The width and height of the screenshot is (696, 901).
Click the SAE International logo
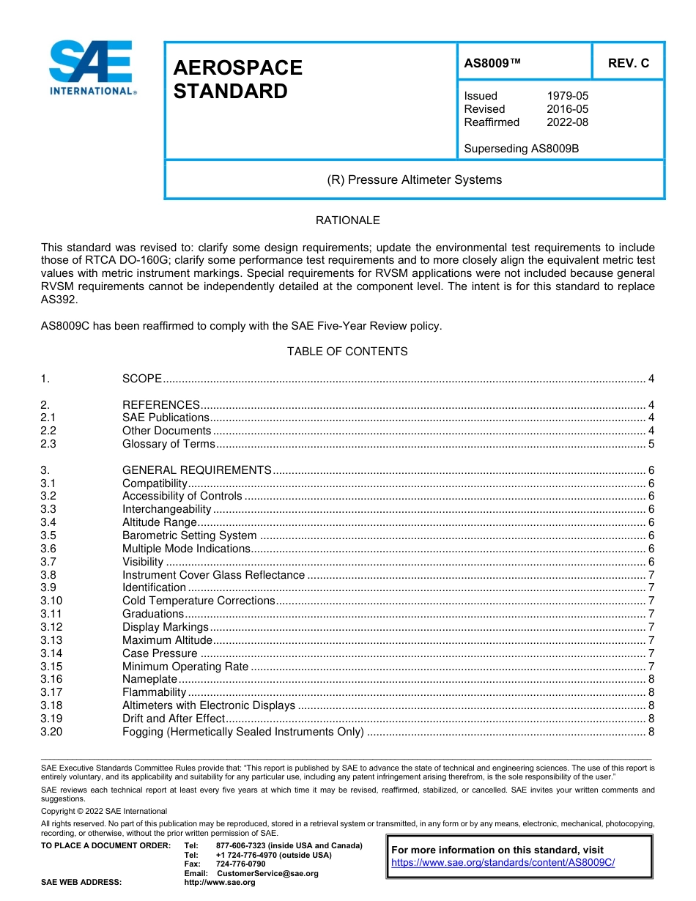(x=92, y=68)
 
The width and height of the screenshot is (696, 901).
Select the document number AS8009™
(x=492, y=63)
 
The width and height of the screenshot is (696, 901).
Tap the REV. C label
(x=628, y=63)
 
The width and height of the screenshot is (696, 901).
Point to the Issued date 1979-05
(x=567, y=96)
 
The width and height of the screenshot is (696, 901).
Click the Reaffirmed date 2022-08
(x=567, y=122)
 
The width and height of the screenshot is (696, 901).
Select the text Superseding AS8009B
(x=521, y=149)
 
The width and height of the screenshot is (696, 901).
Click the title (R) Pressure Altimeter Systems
(x=414, y=179)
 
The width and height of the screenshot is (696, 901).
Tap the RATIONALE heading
(x=347, y=220)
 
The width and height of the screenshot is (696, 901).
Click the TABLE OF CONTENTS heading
(x=347, y=352)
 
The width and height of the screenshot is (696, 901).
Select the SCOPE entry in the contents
(x=141, y=379)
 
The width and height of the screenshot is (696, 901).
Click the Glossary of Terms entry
(x=169, y=444)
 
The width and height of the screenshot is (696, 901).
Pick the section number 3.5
(x=48, y=535)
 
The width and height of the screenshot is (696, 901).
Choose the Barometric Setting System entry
(x=189, y=535)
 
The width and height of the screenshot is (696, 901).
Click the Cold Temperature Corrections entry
(x=198, y=601)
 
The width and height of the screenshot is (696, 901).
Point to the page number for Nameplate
(x=651, y=679)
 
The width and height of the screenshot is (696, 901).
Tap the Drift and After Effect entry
(x=173, y=719)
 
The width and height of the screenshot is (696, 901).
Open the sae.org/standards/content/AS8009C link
(x=503, y=863)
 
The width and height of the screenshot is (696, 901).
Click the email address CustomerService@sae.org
(x=267, y=873)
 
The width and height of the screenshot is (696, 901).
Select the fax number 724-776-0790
(x=240, y=864)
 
